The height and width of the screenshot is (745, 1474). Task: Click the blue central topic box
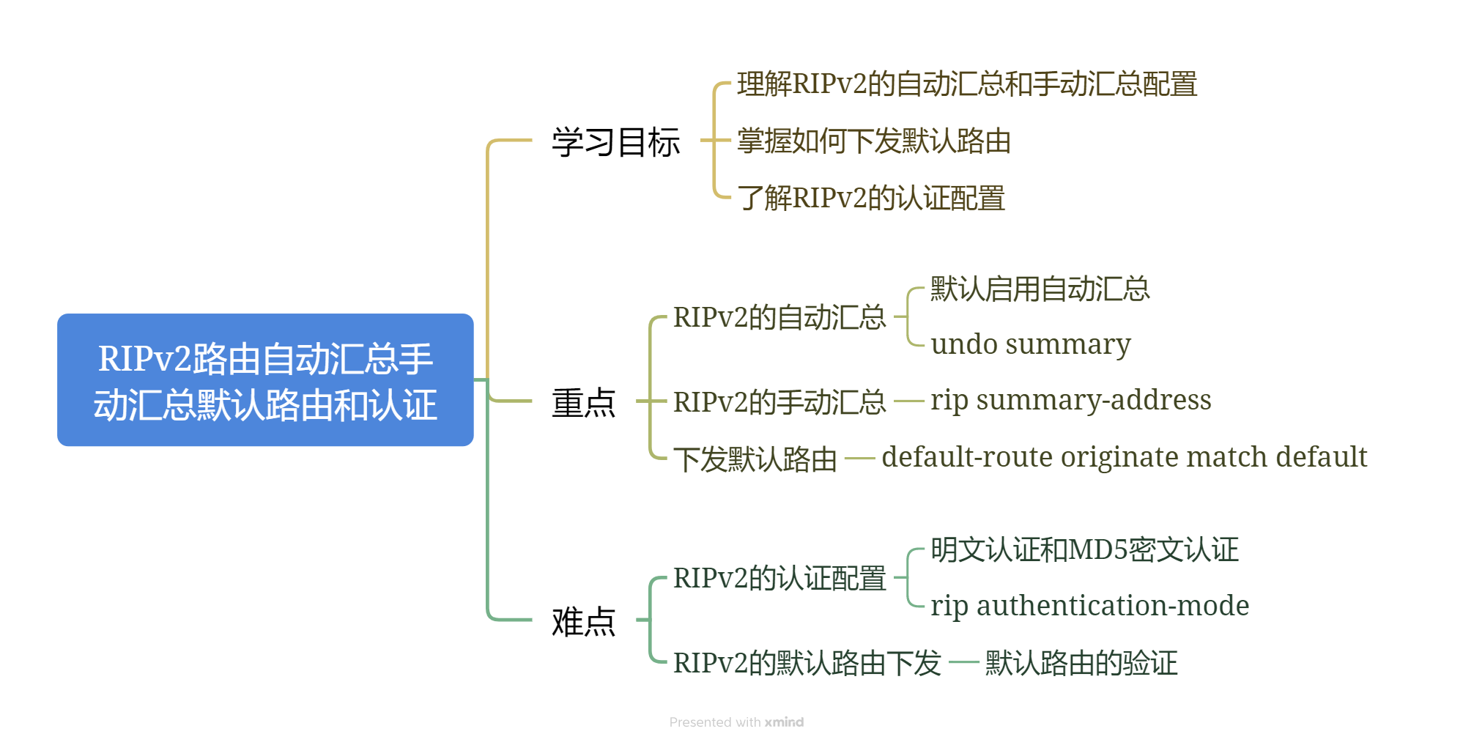click(265, 379)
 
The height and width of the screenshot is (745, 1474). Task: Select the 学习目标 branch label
click(615, 141)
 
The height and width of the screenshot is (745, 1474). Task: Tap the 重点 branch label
click(583, 402)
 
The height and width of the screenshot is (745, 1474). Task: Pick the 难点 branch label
click(583, 621)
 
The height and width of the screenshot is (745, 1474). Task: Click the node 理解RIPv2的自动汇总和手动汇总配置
click(966, 84)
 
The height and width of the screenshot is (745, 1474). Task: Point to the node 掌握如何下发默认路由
click(873, 141)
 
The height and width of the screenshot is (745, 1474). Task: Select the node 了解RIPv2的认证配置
click(870, 198)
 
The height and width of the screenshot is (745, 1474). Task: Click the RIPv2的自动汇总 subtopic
click(779, 317)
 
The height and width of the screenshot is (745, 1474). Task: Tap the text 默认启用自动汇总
click(1040, 289)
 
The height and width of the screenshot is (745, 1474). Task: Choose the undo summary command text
click(1030, 344)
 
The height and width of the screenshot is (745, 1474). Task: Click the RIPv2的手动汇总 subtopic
click(779, 402)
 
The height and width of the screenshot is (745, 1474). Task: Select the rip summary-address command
click(1070, 400)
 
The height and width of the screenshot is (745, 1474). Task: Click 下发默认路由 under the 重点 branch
click(755, 459)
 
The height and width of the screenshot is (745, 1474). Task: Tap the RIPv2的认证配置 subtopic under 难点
click(779, 578)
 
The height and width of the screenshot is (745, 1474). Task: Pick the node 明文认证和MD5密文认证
click(1084, 549)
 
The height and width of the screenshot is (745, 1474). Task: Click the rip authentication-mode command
click(1089, 605)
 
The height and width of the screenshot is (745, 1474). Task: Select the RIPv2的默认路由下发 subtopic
click(807, 663)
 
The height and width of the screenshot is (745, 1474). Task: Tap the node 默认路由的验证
click(1081, 663)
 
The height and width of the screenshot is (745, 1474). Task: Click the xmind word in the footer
click(784, 722)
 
